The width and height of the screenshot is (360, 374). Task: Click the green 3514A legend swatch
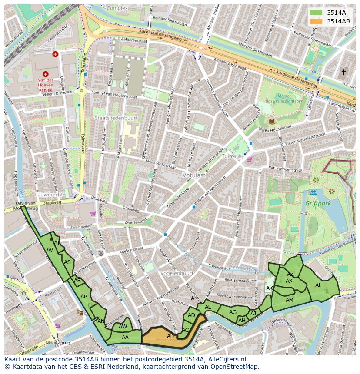(x=317, y=13)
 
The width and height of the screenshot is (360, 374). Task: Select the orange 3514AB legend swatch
(x=317, y=21)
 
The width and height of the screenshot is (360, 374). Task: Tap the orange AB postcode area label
(x=170, y=336)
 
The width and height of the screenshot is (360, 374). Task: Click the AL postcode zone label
(x=318, y=285)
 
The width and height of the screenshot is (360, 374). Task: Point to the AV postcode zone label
(x=50, y=250)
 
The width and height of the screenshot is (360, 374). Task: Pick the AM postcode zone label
(x=289, y=300)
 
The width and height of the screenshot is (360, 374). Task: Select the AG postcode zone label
(x=233, y=312)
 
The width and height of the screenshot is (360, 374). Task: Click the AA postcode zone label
(x=125, y=337)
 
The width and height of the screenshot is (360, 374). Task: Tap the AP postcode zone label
(x=84, y=297)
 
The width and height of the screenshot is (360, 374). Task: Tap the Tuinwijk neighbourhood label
(x=232, y=156)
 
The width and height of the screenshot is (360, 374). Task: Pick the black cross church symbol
(x=343, y=72)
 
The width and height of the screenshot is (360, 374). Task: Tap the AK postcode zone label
(x=270, y=288)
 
